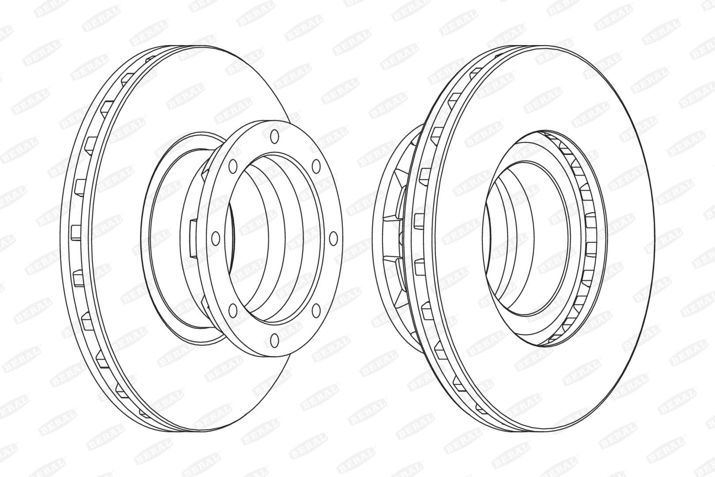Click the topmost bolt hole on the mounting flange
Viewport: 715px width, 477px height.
tap(274, 137)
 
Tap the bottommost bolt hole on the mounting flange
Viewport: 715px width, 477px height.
tap(274, 340)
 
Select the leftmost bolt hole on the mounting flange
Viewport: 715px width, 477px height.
tap(216, 238)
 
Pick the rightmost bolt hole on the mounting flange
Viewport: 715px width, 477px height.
tap(333, 238)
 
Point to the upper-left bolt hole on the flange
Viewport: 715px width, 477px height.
tap(233, 166)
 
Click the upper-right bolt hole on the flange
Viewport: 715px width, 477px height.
tap(316, 166)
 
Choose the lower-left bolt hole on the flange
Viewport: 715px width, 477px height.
tap(233, 310)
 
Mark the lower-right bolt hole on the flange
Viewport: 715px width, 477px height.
tap(316, 310)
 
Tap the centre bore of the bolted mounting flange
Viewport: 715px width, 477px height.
tap(275, 238)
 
